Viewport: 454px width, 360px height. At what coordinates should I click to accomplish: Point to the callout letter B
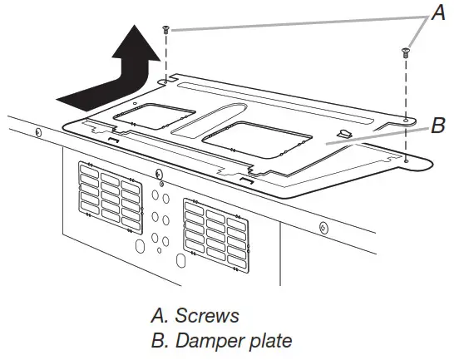(x=438, y=126)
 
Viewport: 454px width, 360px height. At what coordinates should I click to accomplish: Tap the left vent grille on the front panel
(x=108, y=195)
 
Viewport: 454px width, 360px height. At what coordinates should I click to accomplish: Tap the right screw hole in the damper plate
(x=405, y=121)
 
